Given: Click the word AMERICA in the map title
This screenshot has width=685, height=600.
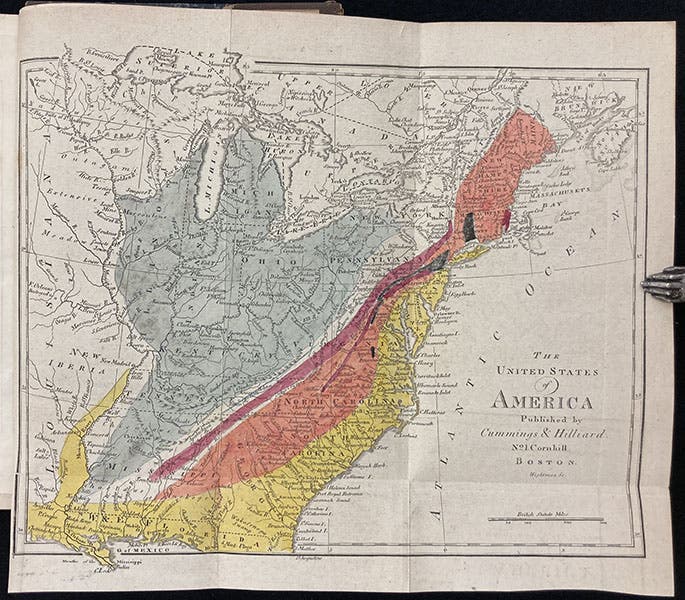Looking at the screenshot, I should click(540, 402).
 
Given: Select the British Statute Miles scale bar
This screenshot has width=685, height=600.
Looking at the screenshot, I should click(545, 519).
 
